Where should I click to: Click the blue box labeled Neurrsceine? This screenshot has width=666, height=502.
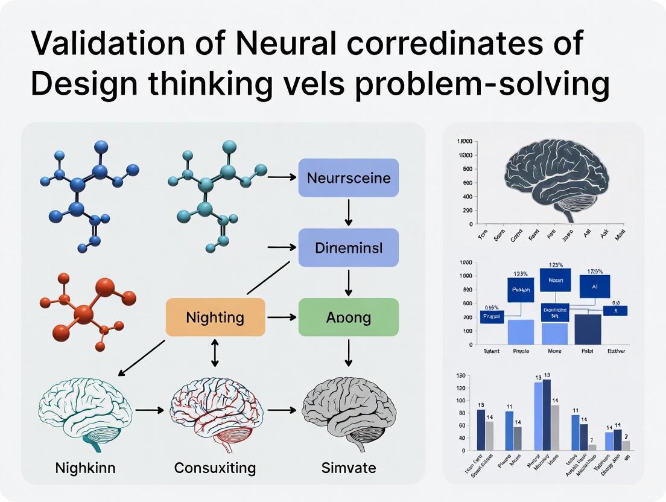coord(348,178)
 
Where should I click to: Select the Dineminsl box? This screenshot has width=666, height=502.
coord(348,247)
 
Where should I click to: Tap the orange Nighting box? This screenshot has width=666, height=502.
coord(215,317)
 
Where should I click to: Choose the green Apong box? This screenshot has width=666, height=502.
coord(348,317)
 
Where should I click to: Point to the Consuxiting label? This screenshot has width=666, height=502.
coord(215,467)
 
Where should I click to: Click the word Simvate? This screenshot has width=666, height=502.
coord(349,467)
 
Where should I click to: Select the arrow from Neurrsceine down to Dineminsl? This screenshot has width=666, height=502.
coord(348,212)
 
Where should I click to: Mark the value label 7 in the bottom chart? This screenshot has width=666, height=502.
coord(592,440)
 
